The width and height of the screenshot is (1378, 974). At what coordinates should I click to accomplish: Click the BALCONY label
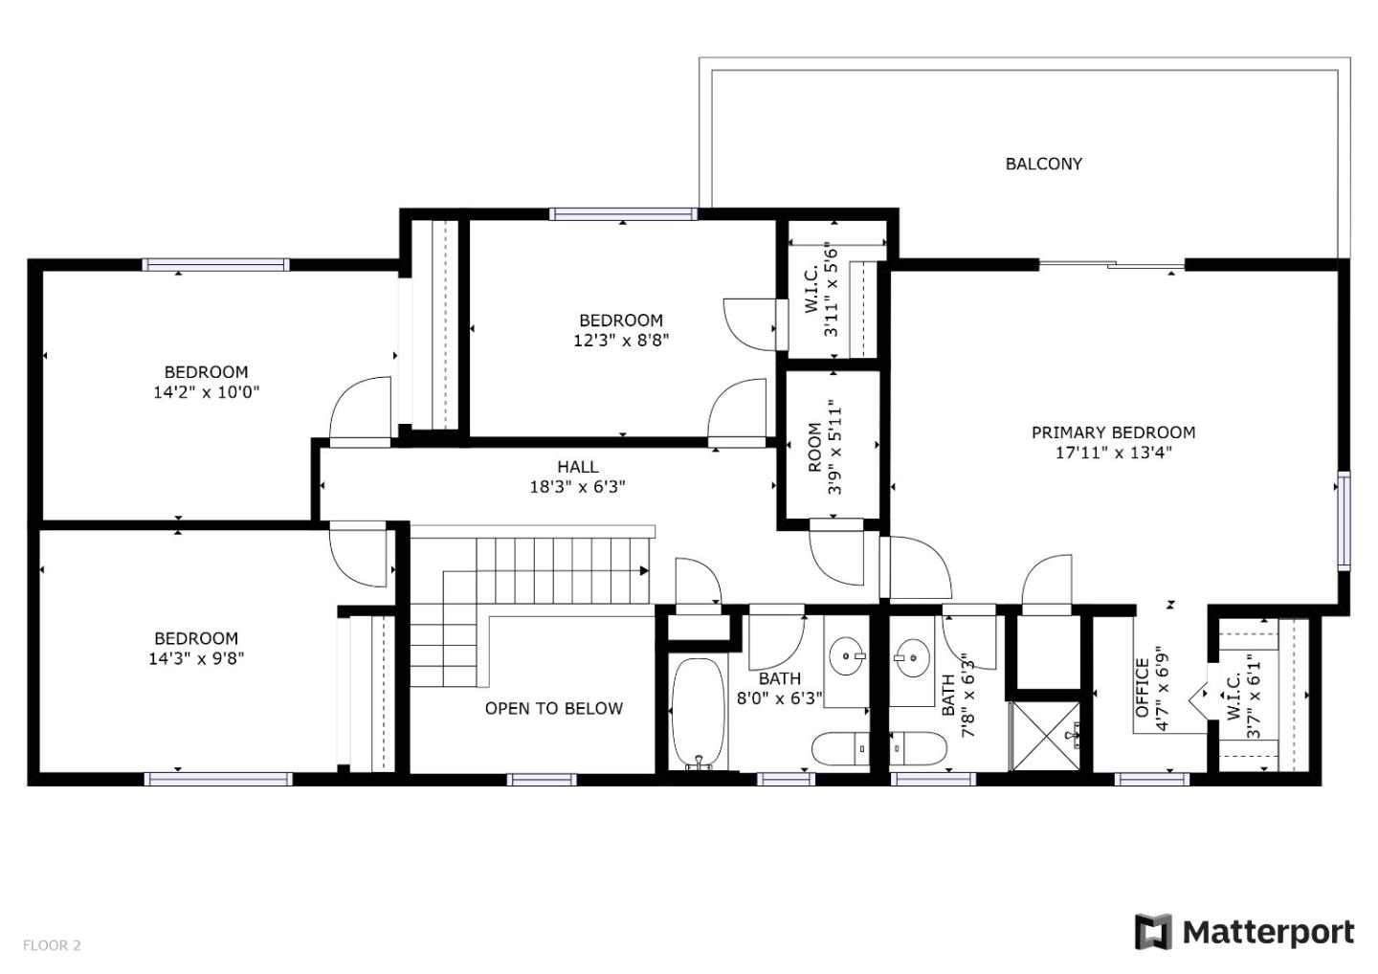1043,164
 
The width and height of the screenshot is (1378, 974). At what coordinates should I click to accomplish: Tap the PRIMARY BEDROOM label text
1113,432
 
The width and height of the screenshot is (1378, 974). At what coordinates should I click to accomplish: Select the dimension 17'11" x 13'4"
1113,454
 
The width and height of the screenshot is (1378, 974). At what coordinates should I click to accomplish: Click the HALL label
577,467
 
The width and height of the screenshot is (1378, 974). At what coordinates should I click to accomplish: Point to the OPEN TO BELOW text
553,708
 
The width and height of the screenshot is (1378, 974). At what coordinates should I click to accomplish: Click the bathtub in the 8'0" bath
700,713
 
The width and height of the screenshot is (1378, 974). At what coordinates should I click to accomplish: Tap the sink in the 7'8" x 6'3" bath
913,657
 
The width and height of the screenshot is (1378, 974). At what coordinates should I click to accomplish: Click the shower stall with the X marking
1045,736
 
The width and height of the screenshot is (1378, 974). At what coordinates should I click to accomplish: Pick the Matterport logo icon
1153,932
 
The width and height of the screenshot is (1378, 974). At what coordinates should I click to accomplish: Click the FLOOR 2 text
52,945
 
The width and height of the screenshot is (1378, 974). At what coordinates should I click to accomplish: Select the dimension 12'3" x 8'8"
620,341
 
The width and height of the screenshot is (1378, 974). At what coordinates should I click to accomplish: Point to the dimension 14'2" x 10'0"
206,392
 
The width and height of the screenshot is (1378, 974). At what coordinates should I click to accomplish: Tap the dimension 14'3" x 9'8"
196,658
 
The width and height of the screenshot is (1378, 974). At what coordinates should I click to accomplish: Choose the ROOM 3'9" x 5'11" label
824,447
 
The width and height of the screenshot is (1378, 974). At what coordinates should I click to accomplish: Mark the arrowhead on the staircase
644,571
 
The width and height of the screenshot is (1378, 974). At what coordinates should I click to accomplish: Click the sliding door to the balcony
1112,264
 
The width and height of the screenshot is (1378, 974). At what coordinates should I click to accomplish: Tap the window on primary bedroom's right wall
1344,520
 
